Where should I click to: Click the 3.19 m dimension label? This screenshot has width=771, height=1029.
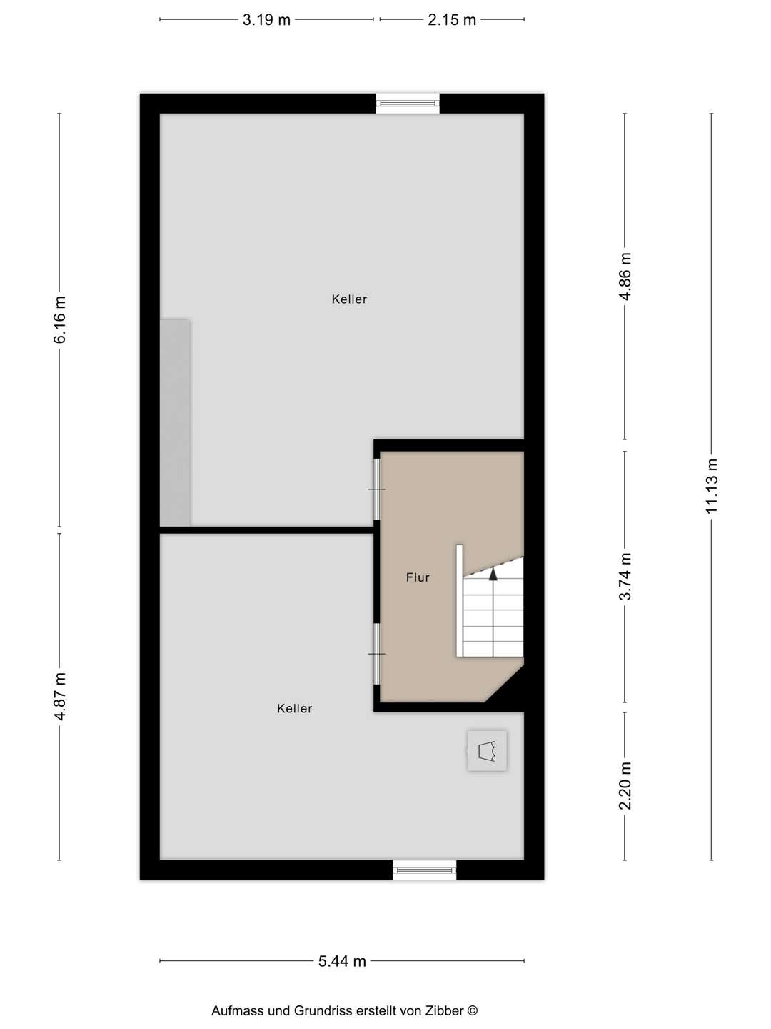point(266,20)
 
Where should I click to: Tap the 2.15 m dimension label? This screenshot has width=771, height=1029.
point(452,20)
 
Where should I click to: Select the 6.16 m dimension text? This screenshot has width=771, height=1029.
point(60,319)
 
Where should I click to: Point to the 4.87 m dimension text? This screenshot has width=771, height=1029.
point(60,696)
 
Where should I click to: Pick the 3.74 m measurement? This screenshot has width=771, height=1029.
point(625,577)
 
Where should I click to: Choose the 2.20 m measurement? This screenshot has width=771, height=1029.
point(625,785)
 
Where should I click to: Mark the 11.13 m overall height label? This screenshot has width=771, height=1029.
point(712,486)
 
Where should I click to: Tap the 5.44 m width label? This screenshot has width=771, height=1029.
point(342,962)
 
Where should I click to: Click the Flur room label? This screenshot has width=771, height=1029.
point(418,577)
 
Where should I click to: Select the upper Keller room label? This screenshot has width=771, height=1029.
point(349,299)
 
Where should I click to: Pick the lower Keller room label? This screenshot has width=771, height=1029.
point(295,709)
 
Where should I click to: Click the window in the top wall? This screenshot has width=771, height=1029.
point(408,104)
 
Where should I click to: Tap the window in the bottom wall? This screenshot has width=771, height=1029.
point(424,870)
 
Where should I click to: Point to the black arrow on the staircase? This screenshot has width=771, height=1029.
point(493,572)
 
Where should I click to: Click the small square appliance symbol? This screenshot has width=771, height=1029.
point(487,750)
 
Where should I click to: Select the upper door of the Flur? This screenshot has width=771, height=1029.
point(376,489)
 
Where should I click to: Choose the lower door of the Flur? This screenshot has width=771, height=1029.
point(376,654)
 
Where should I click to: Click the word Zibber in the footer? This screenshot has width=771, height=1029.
point(444,1011)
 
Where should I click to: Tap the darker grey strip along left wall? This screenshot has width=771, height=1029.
point(175,422)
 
